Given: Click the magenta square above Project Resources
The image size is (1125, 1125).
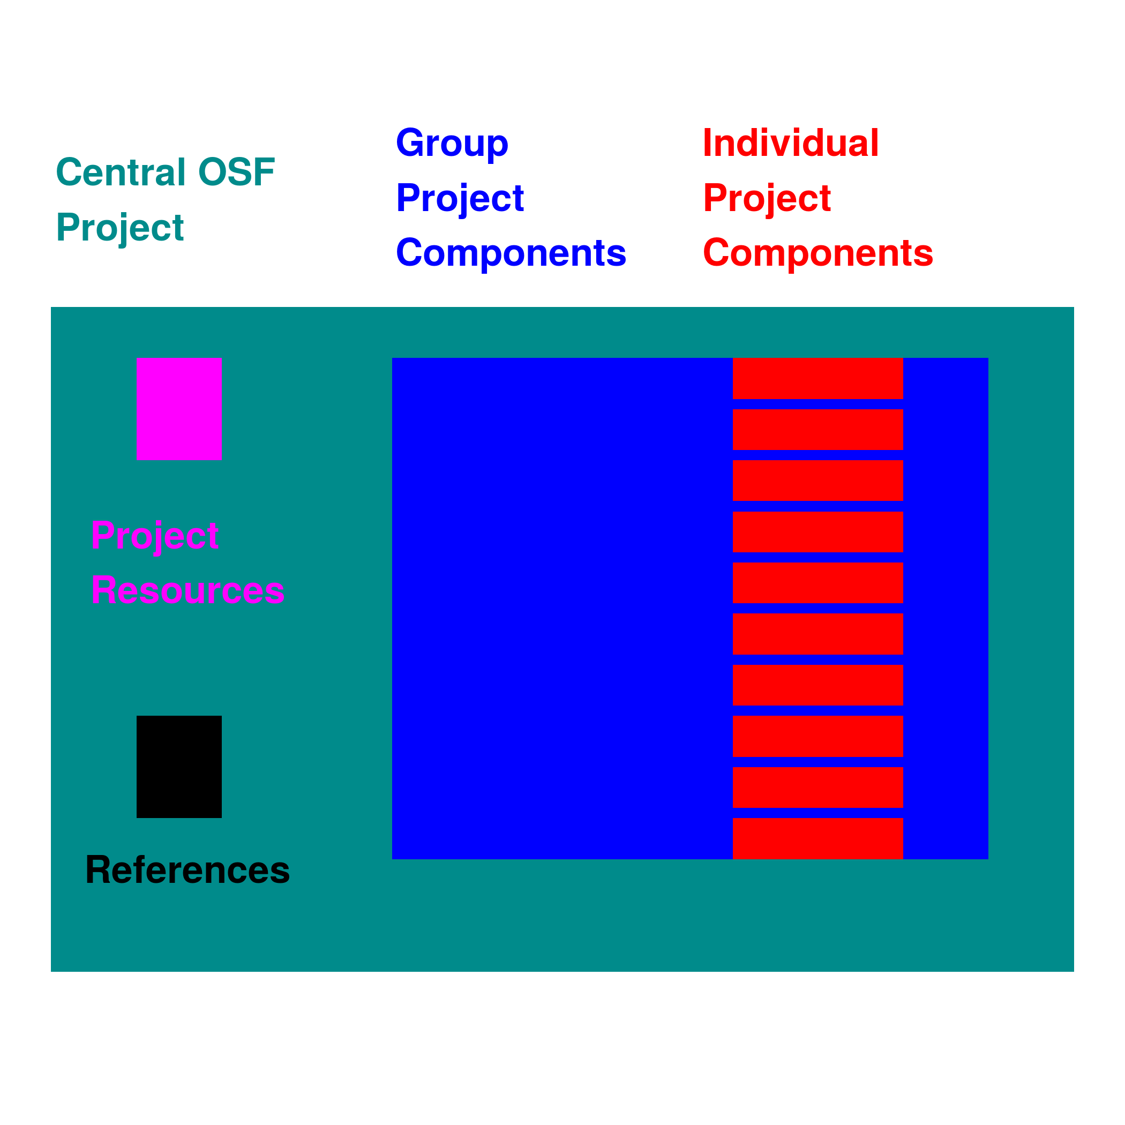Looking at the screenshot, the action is click(179, 409).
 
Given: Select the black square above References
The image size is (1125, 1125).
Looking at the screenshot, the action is click(179, 767).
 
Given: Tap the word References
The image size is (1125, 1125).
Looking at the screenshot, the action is click(187, 870).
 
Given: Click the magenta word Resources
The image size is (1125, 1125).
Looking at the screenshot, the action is click(188, 590).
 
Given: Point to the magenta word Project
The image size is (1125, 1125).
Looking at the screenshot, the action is click(155, 536).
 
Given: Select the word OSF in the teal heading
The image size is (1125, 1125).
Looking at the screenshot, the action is click(237, 172).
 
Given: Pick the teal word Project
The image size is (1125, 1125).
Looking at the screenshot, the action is click(120, 228).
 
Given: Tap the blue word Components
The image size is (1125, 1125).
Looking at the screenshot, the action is click(511, 253).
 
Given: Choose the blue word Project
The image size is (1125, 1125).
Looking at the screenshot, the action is click(460, 199).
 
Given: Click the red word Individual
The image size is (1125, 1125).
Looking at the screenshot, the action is click(791, 142).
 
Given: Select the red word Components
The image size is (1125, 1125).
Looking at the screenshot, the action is click(818, 253).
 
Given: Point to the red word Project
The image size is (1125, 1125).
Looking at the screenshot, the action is click(767, 199).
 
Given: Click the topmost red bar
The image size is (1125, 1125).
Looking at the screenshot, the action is click(818, 379).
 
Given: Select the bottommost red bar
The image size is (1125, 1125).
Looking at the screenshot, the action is click(818, 838).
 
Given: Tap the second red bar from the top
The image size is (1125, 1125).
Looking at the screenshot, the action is click(818, 430).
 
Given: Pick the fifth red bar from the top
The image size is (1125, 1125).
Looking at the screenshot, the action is click(818, 583).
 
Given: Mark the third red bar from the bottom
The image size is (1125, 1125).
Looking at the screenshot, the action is click(818, 736).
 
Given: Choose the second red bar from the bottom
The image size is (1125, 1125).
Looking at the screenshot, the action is click(818, 787).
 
